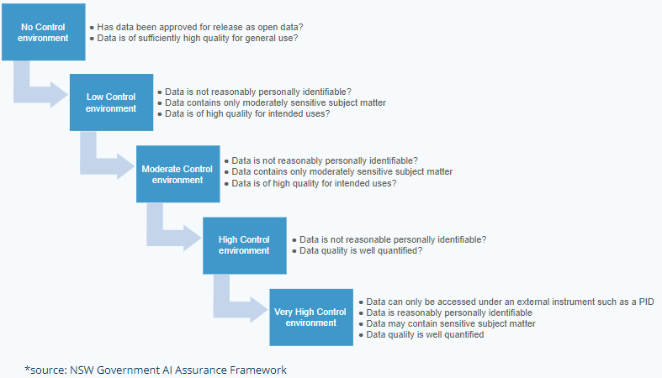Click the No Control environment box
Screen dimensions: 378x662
pyautogui.click(x=43, y=32)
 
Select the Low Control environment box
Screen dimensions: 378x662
pyautogui.click(x=111, y=102)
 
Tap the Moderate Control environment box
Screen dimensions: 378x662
pyautogui.click(x=177, y=174)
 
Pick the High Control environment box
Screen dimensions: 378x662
pyautogui.click(x=244, y=244)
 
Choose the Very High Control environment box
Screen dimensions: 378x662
pyautogui.click(x=310, y=317)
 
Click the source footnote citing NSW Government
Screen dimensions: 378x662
pyautogui.click(x=156, y=370)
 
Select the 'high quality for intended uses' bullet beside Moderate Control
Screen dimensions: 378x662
pyautogui.click(x=314, y=183)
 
